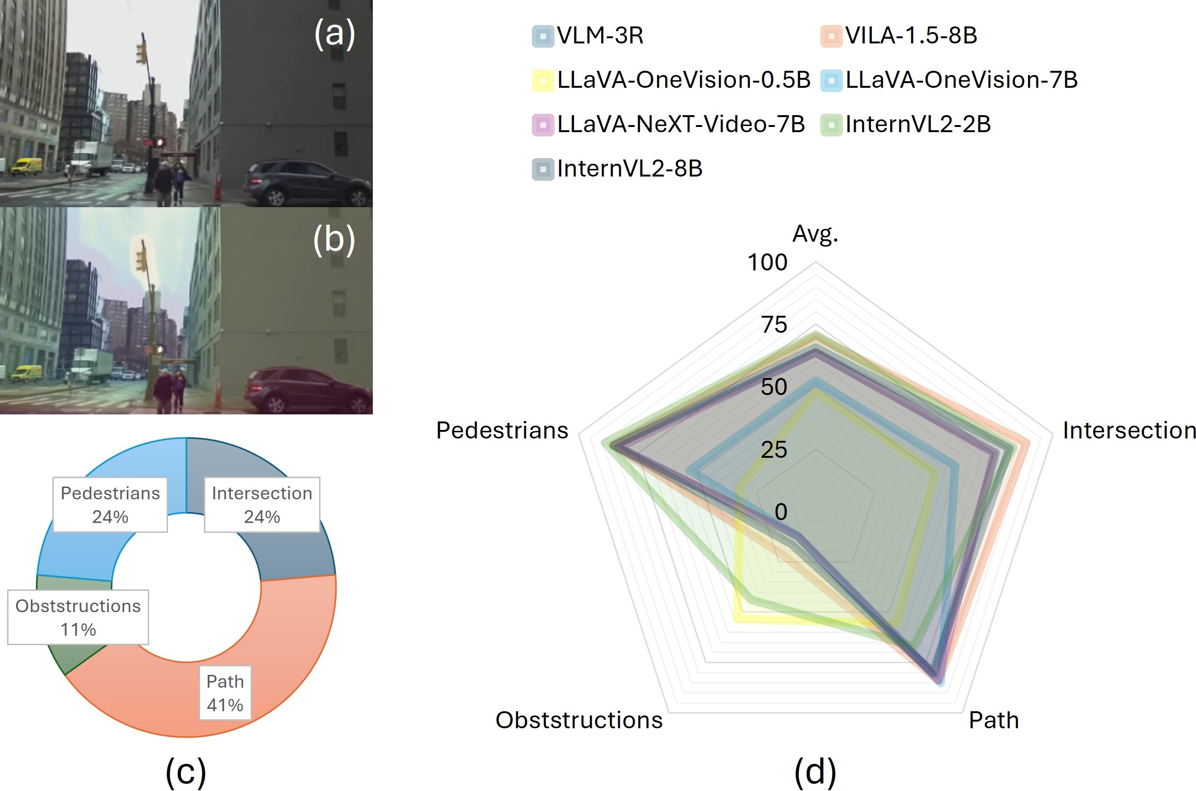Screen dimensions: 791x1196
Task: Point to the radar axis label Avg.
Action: [x=815, y=234]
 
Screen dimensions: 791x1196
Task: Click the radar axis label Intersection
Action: [x=1129, y=431]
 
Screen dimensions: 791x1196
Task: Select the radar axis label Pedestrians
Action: [x=502, y=431]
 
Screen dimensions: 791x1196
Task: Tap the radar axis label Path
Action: [x=993, y=720]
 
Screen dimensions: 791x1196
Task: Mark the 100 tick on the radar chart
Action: [x=767, y=263]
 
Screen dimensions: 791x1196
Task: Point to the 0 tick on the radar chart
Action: [x=781, y=512]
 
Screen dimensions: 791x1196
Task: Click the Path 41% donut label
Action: [x=225, y=693]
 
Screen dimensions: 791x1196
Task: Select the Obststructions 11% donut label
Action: [x=78, y=617]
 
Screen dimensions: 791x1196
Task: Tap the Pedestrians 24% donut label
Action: [x=110, y=505]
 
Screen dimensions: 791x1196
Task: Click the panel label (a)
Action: [x=335, y=34]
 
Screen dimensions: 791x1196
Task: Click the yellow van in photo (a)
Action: [x=27, y=166]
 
